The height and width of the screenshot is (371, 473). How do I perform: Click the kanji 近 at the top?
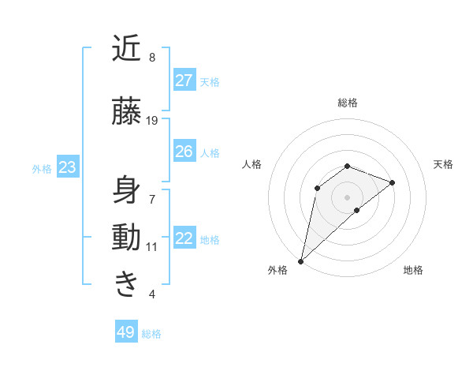[x=126, y=49]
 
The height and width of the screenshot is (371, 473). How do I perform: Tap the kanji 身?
[x=126, y=190]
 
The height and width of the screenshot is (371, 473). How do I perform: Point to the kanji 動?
[x=126, y=237]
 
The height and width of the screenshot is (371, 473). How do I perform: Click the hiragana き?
[x=126, y=283]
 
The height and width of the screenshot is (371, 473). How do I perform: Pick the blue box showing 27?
[x=184, y=81]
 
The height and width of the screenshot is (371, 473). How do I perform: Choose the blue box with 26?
[x=184, y=152]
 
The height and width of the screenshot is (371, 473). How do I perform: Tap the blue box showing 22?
[x=184, y=239]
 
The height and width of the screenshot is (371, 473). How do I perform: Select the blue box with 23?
[x=67, y=167]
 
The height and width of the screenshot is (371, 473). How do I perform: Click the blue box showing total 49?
[x=126, y=332]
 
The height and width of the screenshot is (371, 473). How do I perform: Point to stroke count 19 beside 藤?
[x=152, y=120]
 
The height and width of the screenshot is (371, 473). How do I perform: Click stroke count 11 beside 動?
[x=152, y=246]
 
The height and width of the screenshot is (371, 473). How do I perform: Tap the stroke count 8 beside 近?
[x=152, y=58]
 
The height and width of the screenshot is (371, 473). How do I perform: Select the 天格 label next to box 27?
[x=210, y=81]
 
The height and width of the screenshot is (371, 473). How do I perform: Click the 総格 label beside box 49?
[x=151, y=334]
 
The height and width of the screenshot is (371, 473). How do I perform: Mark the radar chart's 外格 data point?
[x=300, y=260]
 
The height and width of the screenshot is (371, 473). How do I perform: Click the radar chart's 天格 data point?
[x=392, y=182]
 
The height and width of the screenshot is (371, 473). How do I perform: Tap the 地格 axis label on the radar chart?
[x=413, y=271]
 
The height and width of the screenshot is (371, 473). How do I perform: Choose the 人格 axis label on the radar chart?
[x=252, y=164]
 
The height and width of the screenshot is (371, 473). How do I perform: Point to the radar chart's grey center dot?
[x=347, y=197]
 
